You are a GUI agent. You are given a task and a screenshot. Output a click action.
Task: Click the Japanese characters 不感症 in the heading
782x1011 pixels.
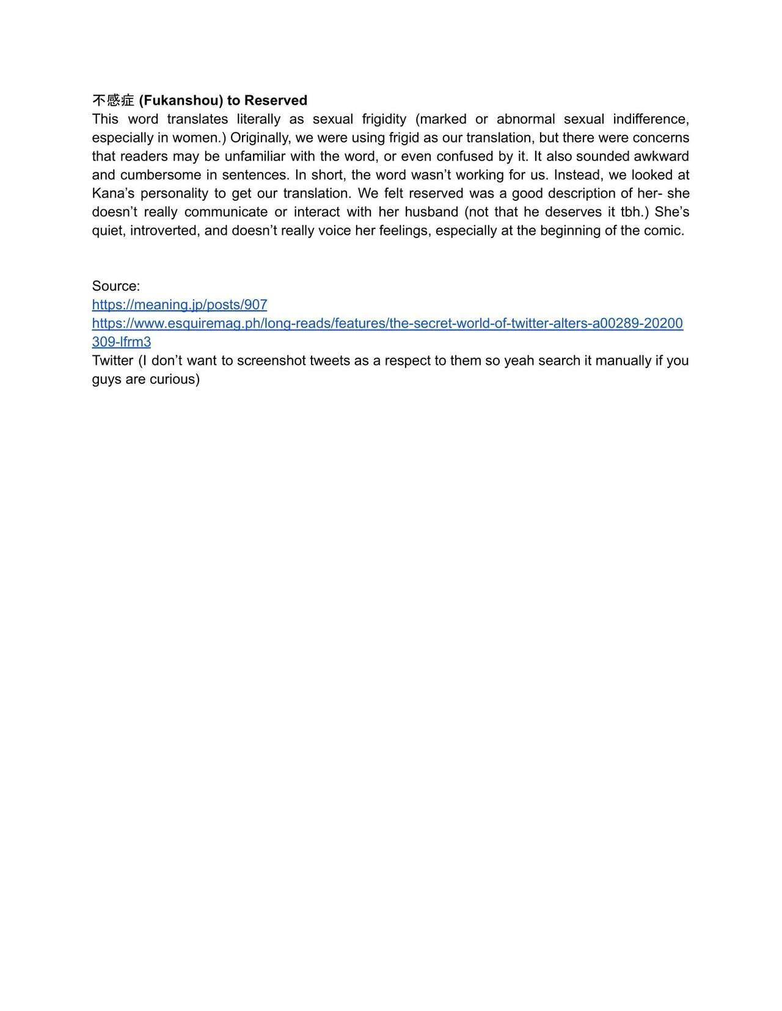click(113, 100)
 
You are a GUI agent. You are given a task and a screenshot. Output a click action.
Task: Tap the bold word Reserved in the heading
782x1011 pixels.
click(276, 100)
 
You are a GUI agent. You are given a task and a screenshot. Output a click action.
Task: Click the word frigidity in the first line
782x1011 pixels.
click(384, 119)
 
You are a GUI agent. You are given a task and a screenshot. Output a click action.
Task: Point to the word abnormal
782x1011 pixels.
click(525, 119)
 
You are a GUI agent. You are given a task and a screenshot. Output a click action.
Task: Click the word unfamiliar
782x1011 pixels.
click(255, 156)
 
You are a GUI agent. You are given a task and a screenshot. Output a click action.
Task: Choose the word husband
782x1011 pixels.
click(431, 212)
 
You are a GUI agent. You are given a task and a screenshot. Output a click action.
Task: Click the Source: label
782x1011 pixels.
click(116, 286)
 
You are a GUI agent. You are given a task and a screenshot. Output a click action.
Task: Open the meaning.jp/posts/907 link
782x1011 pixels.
click(180, 305)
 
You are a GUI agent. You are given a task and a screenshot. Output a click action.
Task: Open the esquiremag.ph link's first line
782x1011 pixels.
click(387, 323)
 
